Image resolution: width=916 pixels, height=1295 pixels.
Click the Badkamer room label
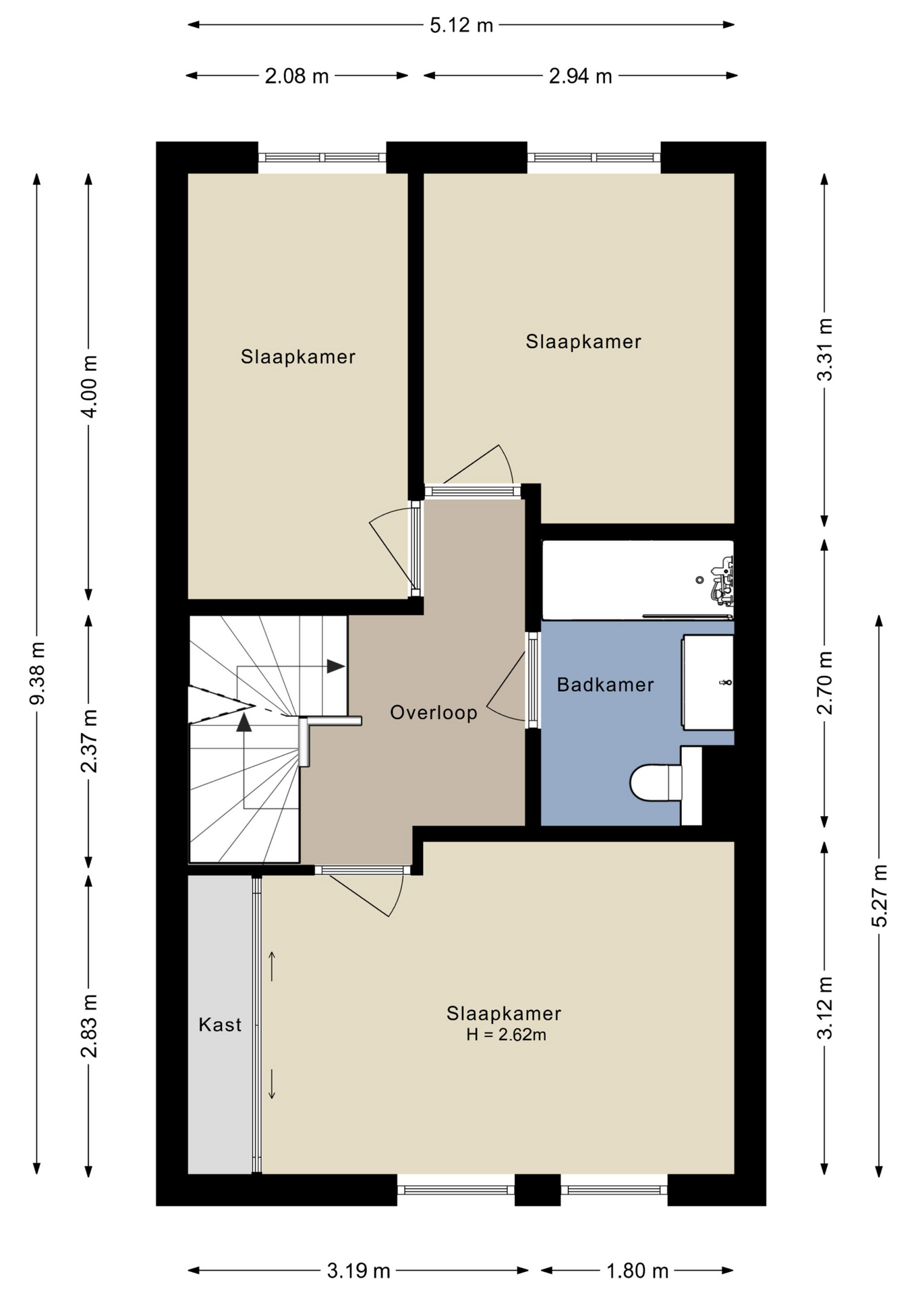[605, 685]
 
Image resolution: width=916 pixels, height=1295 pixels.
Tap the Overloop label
[434, 712]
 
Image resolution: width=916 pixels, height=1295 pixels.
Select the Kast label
[220, 1025]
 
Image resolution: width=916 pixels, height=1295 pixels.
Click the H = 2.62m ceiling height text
[506, 1035]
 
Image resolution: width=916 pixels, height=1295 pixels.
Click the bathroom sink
[708, 682]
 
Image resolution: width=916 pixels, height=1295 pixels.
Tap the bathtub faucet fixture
[722, 580]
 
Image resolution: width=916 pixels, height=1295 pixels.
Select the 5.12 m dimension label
[461, 26]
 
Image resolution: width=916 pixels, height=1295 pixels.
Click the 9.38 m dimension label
[38, 673]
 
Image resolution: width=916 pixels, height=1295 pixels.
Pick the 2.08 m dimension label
[297, 76]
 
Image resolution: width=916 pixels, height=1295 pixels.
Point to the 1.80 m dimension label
[637, 1271]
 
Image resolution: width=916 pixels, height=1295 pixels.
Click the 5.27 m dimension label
[880, 896]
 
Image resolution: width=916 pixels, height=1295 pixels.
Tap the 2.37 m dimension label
[89, 741]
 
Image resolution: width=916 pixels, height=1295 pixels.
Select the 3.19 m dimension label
[359, 1271]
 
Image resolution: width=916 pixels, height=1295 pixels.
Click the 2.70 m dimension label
[825, 683]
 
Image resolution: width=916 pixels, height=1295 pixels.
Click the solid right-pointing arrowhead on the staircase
[336, 666]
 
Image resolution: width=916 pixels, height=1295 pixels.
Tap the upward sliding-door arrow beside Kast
[272, 967]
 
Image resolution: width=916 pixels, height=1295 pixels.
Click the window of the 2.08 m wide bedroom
[322, 158]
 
